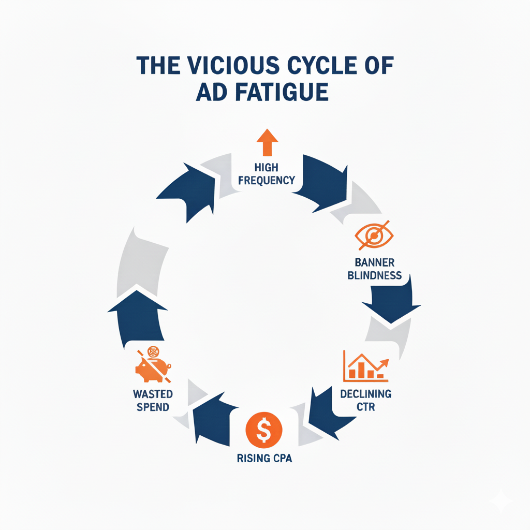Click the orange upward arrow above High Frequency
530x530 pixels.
(x=267, y=142)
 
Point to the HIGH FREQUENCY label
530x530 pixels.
(x=267, y=173)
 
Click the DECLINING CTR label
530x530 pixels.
(x=366, y=400)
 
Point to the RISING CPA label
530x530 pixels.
(x=264, y=459)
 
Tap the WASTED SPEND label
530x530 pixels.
(x=153, y=400)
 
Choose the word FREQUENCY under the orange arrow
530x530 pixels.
(x=267, y=180)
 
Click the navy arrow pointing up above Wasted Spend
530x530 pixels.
(x=137, y=316)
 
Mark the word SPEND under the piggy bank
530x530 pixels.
(x=153, y=407)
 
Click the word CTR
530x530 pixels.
(x=366, y=407)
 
